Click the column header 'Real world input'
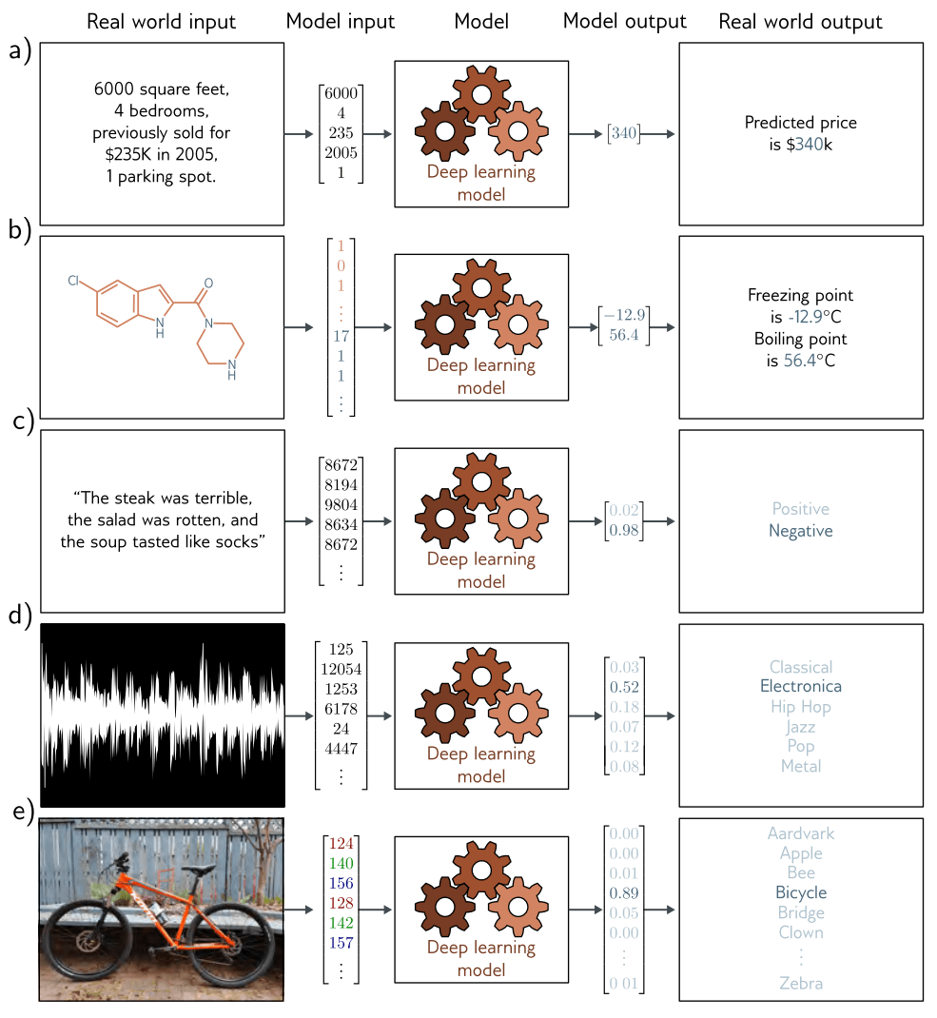tap(161, 22)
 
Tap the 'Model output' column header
tap(624, 22)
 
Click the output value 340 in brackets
tap(624, 134)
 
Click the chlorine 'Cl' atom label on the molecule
tap(73, 281)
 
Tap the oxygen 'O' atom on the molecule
tap(208, 283)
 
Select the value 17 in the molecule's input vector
tap(341, 335)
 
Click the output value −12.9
tap(624, 315)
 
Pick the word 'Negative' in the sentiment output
tap(801, 531)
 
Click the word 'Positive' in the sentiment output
tap(801, 509)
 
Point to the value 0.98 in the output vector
tap(624, 531)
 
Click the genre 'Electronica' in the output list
tap(801, 686)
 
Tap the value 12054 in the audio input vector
tap(341, 669)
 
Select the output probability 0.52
tap(624, 687)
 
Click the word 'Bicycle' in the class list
tap(801, 892)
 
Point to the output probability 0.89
tap(624, 893)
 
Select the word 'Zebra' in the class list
tap(801, 983)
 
